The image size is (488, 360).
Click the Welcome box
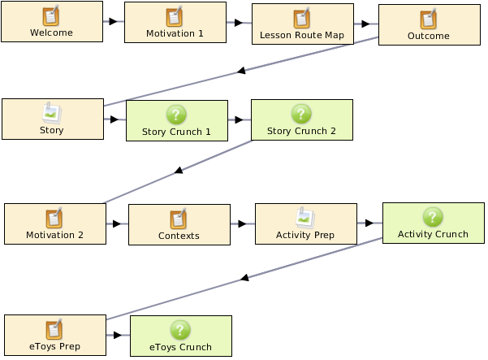click(52, 21)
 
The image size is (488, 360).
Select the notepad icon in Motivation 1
click(175, 16)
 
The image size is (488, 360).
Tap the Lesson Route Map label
click(302, 35)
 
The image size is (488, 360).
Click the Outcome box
click(430, 25)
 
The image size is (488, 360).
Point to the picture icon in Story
click(52, 113)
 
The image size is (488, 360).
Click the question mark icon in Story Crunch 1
click(176, 115)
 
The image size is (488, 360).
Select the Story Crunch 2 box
click(302, 120)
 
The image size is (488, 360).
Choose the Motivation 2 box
click(55, 223)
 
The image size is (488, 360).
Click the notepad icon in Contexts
click(179, 219)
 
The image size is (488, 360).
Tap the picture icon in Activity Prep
click(305, 218)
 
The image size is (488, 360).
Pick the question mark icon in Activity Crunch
click(433, 217)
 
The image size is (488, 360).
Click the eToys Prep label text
click(54, 346)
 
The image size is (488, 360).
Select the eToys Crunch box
click(181, 336)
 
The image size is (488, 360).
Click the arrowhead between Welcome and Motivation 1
click(114, 21)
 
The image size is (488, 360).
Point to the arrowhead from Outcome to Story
click(241, 71)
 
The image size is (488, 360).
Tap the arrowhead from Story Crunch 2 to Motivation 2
click(179, 170)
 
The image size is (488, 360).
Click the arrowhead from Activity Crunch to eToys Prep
click(244, 277)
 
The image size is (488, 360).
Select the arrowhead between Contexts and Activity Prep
click(242, 223)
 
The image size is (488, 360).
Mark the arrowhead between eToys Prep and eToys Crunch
click(118, 335)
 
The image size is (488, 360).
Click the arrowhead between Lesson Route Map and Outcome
click(365, 24)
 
